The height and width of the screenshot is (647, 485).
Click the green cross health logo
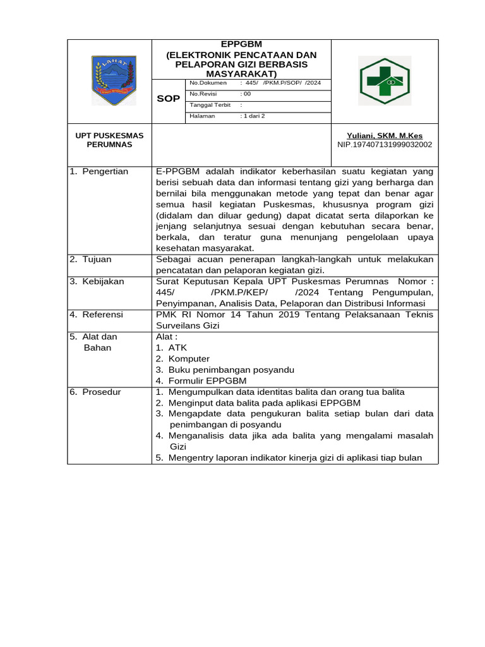(x=385, y=80)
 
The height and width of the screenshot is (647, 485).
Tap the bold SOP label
(x=168, y=99)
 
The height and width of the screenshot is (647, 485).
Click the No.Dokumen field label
(x=208, y=83)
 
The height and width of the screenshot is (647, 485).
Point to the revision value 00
(x=246, y=94)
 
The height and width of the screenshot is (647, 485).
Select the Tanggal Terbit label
(x=210, y=106)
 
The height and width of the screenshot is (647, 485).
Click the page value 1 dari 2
(x=253, y=116)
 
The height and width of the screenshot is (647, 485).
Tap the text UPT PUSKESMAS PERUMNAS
(x=109, y=140)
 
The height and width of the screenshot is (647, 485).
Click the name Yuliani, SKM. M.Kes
(x=385, y=135)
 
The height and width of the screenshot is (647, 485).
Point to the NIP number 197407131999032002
(x=385, y=145)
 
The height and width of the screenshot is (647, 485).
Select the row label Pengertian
(x=105, y=171)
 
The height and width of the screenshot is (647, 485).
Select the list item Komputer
(x=189, y=358)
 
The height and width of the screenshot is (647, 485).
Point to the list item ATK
(x=177, y=348)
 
